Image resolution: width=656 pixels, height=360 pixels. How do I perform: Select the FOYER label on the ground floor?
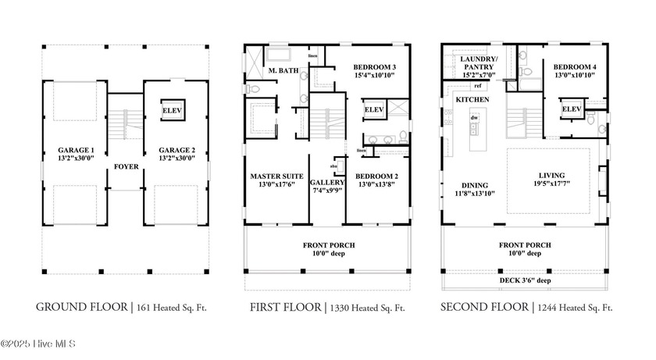point(126,166)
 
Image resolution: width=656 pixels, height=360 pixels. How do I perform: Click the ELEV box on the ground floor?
point(172,111)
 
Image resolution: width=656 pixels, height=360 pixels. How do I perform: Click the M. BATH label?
point(279,71)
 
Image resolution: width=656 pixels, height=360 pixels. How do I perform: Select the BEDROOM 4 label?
point(575,68)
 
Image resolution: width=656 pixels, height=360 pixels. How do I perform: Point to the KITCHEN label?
point(473,100)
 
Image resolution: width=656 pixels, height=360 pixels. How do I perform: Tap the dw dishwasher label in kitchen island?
point(473,117)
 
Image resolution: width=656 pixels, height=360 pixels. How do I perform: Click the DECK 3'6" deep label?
point(525,280)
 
